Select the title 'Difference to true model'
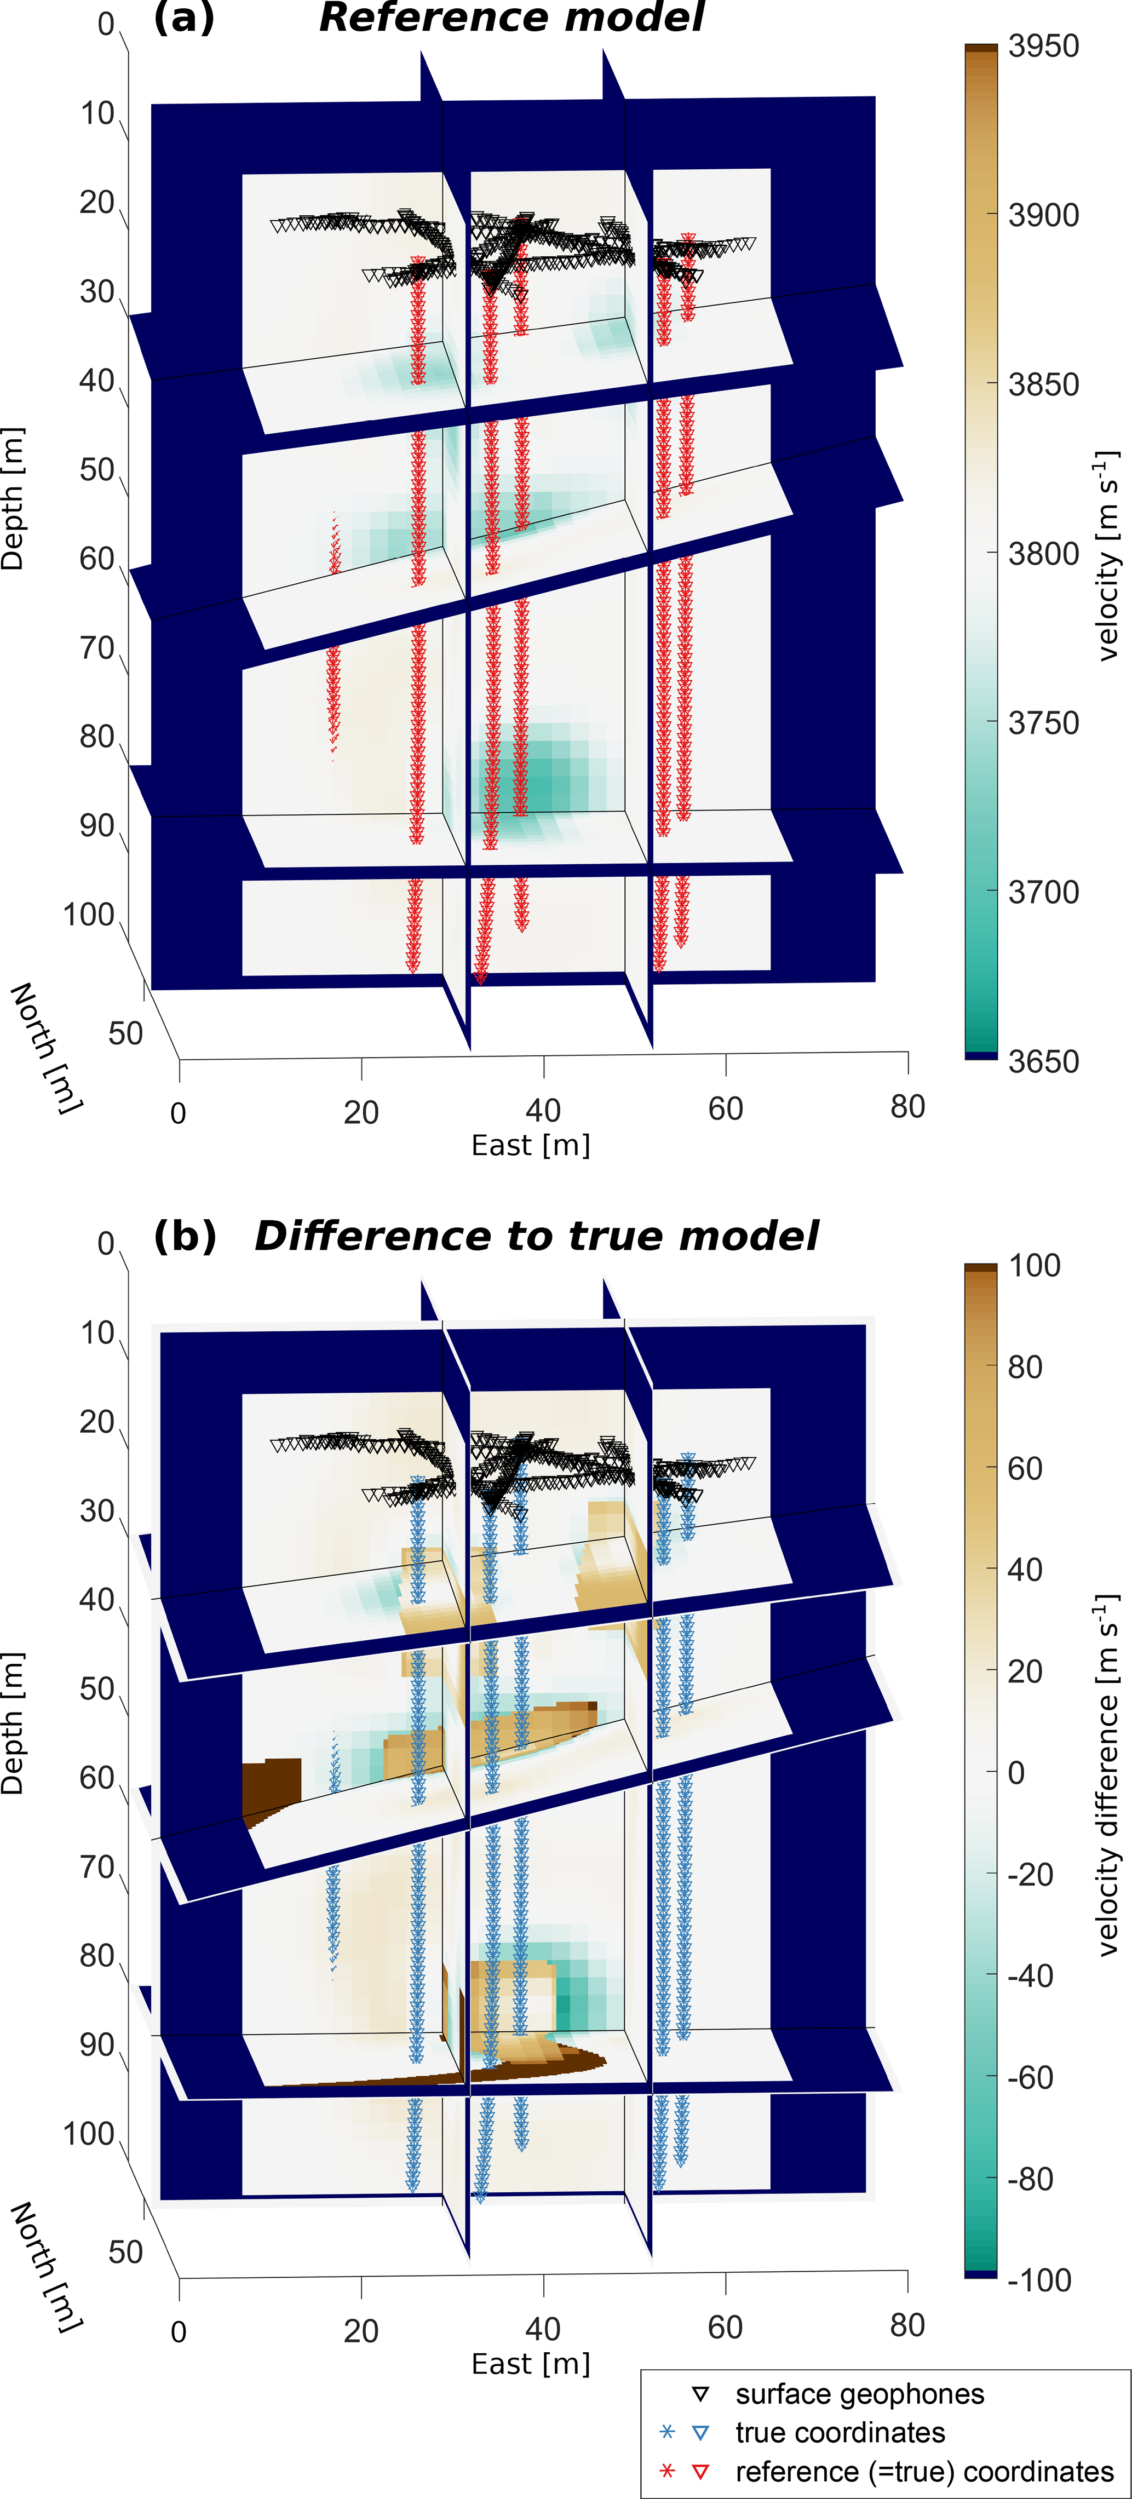(x=536, y=1236)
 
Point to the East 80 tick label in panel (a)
(x=907, y=1107)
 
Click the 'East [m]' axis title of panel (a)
(x=531, y=1146)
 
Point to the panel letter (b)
(x=185, y=1236)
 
